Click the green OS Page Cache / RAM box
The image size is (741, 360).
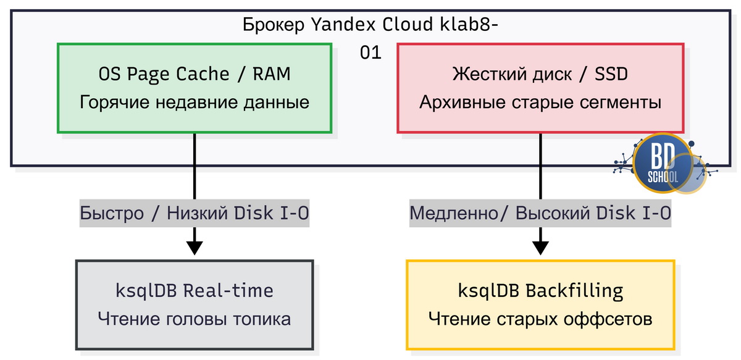195,88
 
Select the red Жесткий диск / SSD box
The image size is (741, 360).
540,88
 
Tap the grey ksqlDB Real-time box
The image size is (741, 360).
195,304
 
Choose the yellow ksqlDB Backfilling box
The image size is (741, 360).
540,304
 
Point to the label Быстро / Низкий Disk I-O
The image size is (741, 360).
195,214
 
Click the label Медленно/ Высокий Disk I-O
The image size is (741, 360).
540,214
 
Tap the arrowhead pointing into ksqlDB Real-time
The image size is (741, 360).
195,248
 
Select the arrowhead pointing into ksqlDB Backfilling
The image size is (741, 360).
540,248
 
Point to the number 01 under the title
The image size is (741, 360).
371,54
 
